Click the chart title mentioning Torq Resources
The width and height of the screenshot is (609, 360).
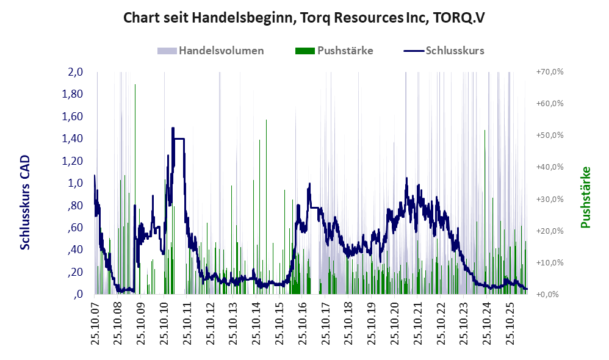pyautogui.click(x=304, y=18)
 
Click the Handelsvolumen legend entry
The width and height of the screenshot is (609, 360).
pyautogui.click(x=211, y=51)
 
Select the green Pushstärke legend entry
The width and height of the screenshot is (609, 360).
pyautogui.click(x=334, y=51)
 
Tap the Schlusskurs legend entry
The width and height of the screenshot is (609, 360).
pyautogui.click(x=444, y=51)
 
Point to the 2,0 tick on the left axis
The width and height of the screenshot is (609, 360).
pyautogui.click(x=75, y=72)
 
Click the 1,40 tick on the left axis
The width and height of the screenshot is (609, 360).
pyautogui.click(x=73, y=139)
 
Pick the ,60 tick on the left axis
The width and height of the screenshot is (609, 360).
pyautogui.click(x=75, y=227)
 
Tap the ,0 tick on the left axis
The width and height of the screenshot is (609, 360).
pyautogui.click(x=78, y=294)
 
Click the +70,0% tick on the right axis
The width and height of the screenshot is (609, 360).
pyautogui.click(x=550, y=72)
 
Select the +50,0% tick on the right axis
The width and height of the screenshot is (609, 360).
pyautogui.click(x=550, y=135)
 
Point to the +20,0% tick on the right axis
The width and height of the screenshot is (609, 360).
pyautogui.click(x=550, y=231)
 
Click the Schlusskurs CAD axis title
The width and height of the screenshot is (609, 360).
pyautogui.click(x=25, y=203)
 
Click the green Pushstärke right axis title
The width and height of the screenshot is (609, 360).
pyautogui.click(x=585, y=197)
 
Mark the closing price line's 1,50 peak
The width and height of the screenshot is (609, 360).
pyautogui.click(x=173, y=128)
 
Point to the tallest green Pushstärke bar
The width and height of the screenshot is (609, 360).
pyautogui.click(x=135, y=189)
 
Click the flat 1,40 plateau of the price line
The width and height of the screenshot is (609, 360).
pyautogui.click(x=179, y=139)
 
